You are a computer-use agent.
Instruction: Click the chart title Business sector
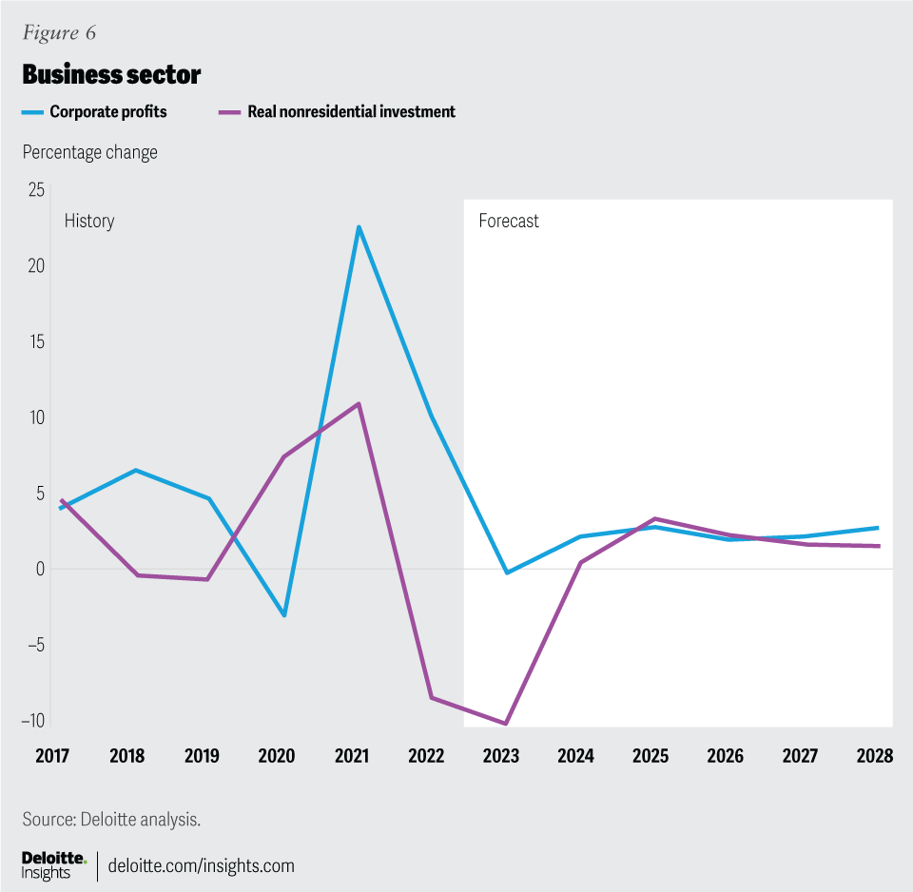click(x=111, y=74)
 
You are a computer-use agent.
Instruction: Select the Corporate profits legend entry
click(x=107, y=111)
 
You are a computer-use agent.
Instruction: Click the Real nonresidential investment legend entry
click(x=351, y=111)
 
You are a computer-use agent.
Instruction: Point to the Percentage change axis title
click(x=90, y=152)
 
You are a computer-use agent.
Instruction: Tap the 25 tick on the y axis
click(x=35, y=190)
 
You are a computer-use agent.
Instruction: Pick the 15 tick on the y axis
click(x=35, y=341)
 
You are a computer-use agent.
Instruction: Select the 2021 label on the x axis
click(x=352, y=756)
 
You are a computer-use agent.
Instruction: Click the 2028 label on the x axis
click(x=874, y=756)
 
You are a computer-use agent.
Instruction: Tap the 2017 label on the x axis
click(x=53, y=756)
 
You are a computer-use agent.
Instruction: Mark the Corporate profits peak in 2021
click(x=359, y=226)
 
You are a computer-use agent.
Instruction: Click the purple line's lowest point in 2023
click(x=506, y=724)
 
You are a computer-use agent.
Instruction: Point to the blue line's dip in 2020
click(x=283, y=615)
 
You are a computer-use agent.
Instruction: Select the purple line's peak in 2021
click(x=359, y=403)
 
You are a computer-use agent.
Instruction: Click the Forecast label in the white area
click(x=508, y=222)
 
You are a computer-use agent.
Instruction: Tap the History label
click(x=89, y=222)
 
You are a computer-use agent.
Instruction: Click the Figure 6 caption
click(x=59, y=33)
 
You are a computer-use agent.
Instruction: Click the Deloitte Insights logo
click(x=53, y=864)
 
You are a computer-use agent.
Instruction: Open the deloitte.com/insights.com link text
click(x=202, y=865)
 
